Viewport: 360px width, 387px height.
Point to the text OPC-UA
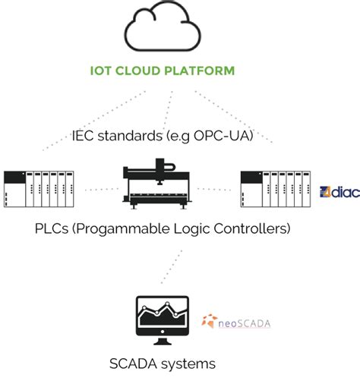click(x=230, y=137)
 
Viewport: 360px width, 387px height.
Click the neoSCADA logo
click(x=236, y=323)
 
